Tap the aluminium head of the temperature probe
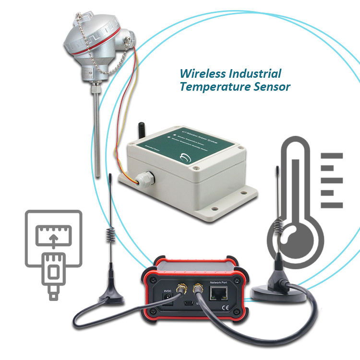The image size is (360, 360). click(93, 50)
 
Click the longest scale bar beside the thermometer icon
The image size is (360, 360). click(332, 157)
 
